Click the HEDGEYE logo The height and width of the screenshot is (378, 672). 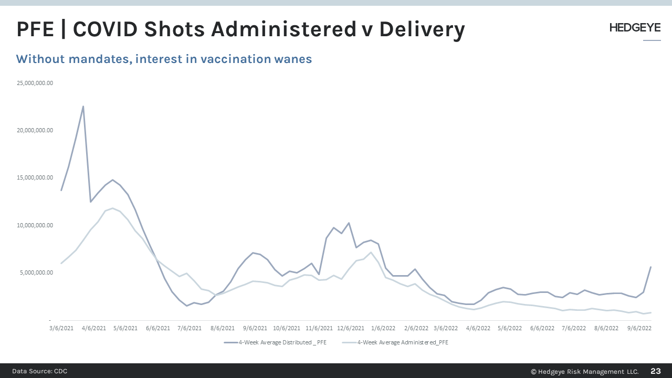click(x=635, y=28)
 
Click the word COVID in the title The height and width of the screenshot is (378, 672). click(x=104, y=29)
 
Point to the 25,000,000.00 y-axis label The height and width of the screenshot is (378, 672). click(x=35, y=83)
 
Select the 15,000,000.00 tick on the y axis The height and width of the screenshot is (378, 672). click(x=35, y=177)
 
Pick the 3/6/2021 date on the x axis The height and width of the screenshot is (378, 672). click(x=61, y=328)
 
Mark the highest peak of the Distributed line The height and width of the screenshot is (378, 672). click(x=83, y=107)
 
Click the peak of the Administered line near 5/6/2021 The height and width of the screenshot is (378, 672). click(x=112, y=208)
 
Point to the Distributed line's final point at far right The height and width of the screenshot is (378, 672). click(x=651, y=267)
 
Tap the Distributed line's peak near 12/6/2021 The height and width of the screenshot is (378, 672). click(x=349, y=223)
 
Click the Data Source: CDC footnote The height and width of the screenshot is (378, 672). click(x=40, y=371)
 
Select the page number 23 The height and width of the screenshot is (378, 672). click(x=656, y=371)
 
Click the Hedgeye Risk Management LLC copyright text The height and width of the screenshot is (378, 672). click(x=584, y=371)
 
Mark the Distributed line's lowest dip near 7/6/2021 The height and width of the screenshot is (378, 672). click(x=186, y=306)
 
